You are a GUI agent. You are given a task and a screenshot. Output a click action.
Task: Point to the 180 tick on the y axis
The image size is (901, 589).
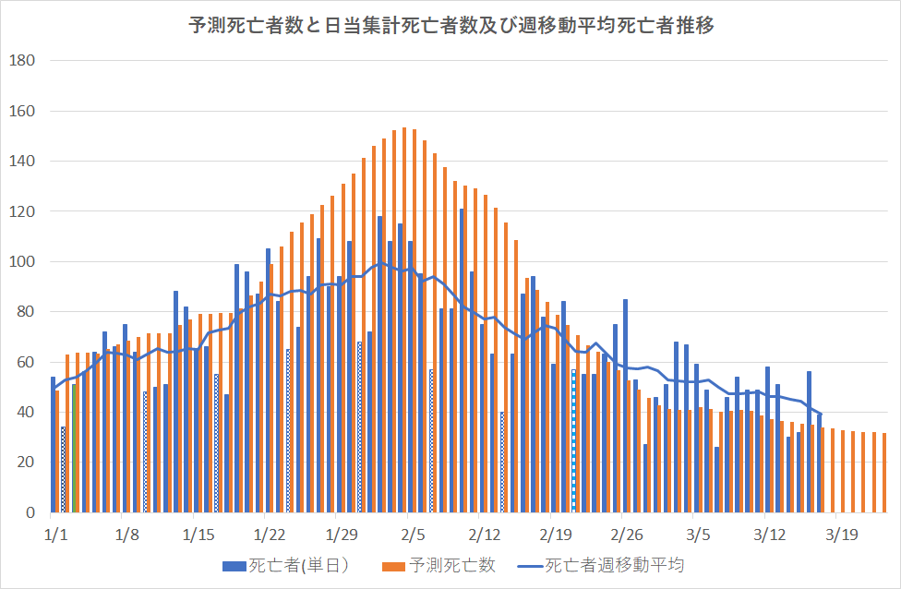point(21,61)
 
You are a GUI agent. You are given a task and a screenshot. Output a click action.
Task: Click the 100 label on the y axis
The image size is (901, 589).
point(21,261)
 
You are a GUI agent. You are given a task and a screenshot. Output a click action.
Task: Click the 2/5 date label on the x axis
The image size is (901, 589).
point(413,535)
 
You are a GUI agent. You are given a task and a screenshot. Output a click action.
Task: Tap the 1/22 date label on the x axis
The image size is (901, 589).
point(270,535)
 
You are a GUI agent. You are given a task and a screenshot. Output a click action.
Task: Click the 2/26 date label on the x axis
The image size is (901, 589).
point(627,535)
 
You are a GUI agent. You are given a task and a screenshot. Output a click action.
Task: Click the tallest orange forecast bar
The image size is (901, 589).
point(404,319)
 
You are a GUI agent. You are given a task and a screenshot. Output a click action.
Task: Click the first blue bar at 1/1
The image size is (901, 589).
point(53,444)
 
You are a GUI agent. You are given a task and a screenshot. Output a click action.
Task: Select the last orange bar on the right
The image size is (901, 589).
point(884,472)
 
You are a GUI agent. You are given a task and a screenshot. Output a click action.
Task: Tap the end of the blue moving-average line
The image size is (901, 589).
point(820,414)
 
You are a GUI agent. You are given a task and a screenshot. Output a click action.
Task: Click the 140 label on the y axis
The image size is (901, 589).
point(21,162)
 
